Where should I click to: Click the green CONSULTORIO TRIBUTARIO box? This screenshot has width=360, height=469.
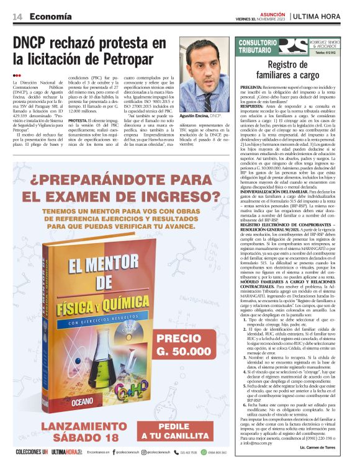pyautogui.click(x=254, y=47)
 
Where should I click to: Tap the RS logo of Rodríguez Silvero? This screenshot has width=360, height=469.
pyautogui.click(x=292, y=47)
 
